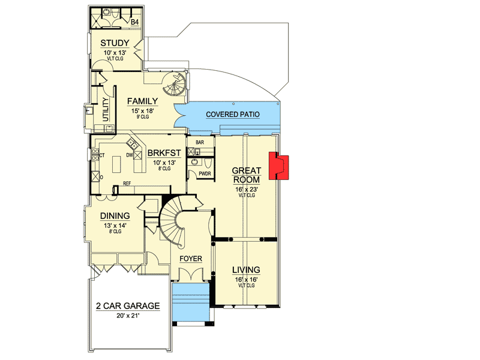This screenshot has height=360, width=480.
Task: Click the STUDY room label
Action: [x=115, y=43]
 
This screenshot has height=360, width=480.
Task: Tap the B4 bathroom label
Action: [x=134, y=22]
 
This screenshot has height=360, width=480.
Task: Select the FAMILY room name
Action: [x=142, y=101]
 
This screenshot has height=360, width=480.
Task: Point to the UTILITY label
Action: [x=106, y=109]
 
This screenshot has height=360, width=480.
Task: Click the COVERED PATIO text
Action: [x=233, y=115]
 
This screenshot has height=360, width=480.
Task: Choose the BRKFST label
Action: [x=164, y=153]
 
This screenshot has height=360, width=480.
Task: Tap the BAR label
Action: [x=200, y=142]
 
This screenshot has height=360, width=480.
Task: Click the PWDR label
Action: [x=205, y=173]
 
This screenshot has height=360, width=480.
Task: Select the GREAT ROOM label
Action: [x=247, y=175]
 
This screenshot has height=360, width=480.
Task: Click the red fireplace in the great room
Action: [x=278, y=166]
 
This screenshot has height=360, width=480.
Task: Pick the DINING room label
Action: [x=115, y=216]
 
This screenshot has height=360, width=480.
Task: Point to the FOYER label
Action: [x=191, y=259]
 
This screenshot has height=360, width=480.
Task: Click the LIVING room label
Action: [x=246, y=269]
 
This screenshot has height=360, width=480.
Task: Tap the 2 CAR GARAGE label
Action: [x=128, y=306]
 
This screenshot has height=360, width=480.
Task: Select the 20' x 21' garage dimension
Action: [x=128, y=316]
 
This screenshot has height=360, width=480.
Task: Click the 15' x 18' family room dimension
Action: [x=143, y=111]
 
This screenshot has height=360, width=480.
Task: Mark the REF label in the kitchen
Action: [x=127, y=184]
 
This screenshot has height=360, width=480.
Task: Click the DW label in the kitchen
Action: [x=130, y=155]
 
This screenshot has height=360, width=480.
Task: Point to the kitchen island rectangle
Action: [x=116, y=164]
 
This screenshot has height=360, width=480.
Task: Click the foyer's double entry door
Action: [x=191, y=274]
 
